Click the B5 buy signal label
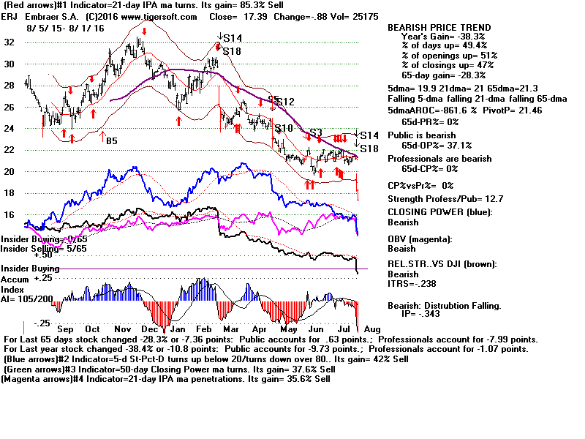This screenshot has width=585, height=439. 111,140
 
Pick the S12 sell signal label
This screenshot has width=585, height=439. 284,102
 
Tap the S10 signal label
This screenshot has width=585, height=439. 284,129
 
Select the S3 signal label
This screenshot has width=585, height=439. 316,132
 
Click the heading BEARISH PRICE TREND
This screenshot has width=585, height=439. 439,28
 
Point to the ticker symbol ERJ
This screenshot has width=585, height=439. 12,16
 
